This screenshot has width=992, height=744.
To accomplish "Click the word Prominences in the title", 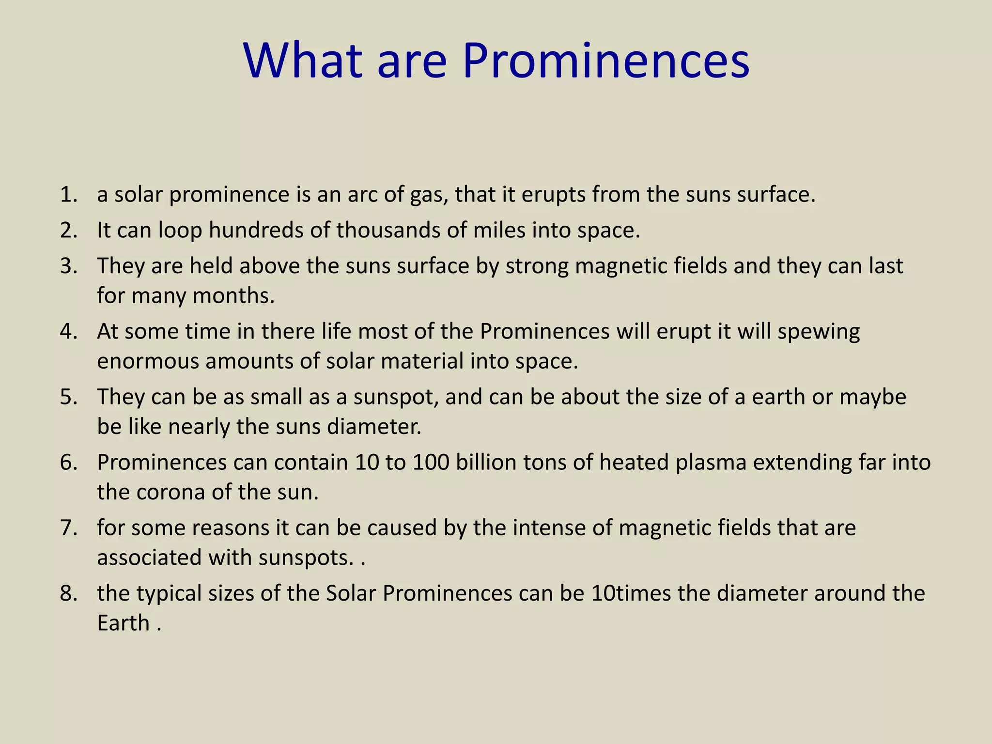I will pyautogui.click(x=606, y=62).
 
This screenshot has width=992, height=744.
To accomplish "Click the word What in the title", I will pyautogui.click(x=303, y=62).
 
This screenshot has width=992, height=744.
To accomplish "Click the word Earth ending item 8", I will pyautogui.click(x=123, y=623).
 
